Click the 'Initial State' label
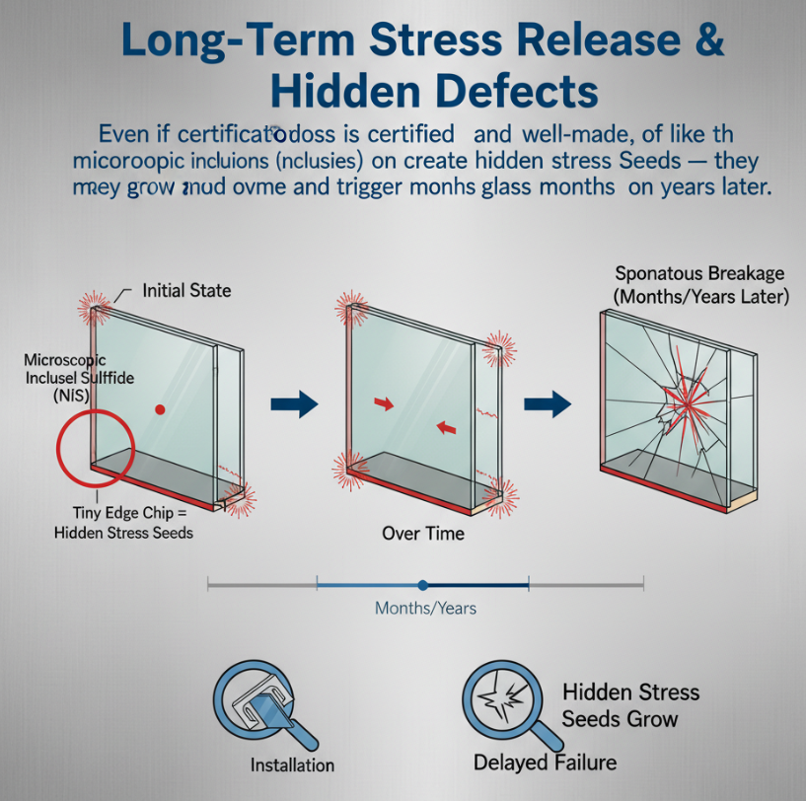tap(187, 291)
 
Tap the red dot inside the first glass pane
tap(159, 407)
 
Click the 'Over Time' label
tap(422, 533)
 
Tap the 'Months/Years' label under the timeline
tap(425, 608)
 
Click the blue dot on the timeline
tap(422, 585)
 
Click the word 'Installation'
tap(292, 765)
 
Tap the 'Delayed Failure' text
tap(545, 762)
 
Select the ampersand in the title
tap(702, 44)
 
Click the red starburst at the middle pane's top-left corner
tap(351, 307)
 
